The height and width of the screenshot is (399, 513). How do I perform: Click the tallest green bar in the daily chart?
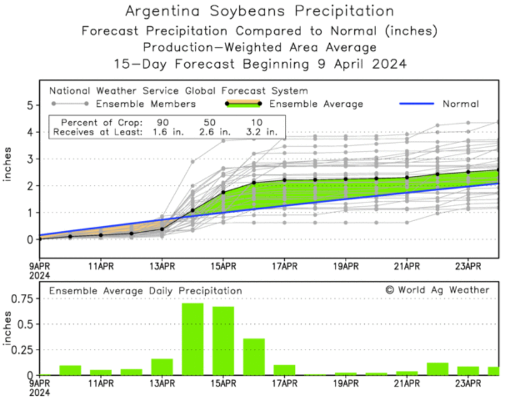(192, 339)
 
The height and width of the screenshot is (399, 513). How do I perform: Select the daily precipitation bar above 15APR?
(223, 340)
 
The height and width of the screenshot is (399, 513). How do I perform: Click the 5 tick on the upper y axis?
(29, 106)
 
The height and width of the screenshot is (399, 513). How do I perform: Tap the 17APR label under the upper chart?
(284, 267)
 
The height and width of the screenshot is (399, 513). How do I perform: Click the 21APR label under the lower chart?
(407, 384)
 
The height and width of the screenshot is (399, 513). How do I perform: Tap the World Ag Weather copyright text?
(437, 290)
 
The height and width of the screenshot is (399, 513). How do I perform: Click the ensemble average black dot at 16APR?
(254, 183)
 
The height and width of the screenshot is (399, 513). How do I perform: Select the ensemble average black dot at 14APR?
(192, 210)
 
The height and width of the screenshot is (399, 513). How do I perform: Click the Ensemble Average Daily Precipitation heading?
(146, 290)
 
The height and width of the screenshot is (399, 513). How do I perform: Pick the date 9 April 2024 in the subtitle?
(357, 64)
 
